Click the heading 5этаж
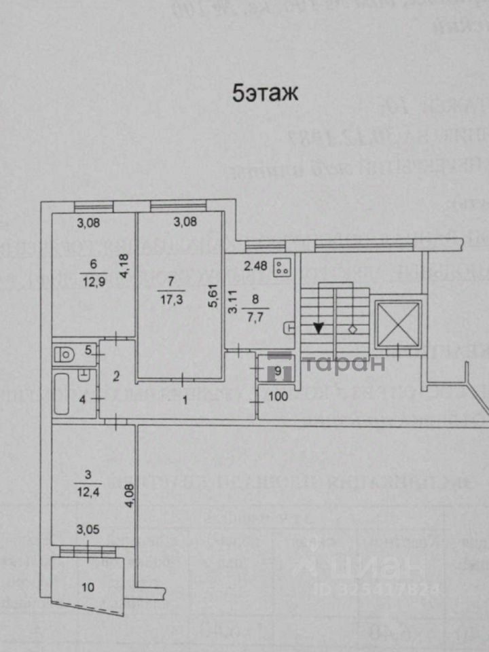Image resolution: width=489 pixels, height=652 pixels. (x=265, y=93)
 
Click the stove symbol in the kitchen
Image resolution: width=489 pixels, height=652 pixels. (x=282, y=268)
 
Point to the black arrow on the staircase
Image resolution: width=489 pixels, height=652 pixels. (x=318, y=327)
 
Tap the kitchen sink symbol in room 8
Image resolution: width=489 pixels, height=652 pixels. (x=289, y=327)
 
